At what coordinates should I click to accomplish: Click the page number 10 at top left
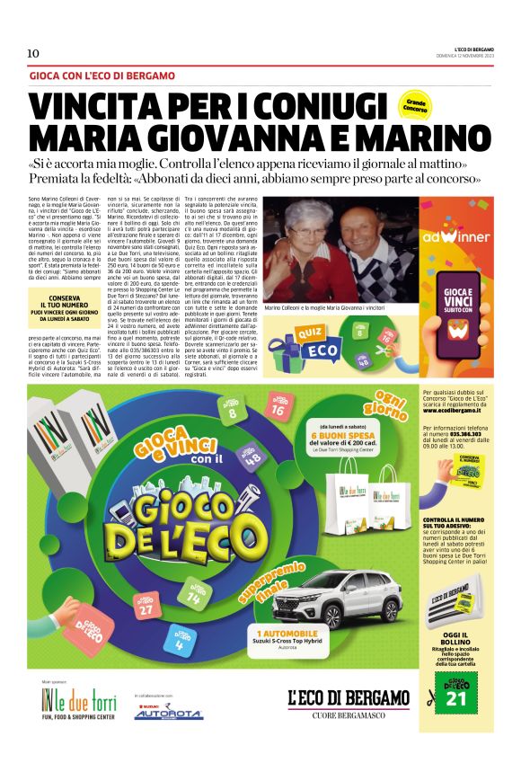click(x=33, y=53)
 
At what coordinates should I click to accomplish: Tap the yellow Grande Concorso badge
click(x=415, y=105)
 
